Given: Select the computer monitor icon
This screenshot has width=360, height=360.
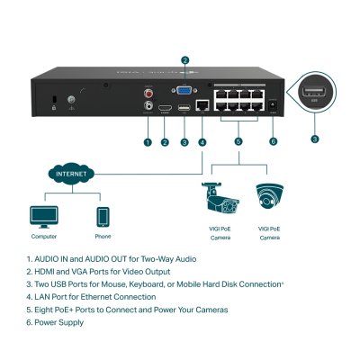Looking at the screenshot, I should pyautogui.click(x=43, y=216).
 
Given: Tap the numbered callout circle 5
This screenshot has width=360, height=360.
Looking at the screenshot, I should pyautogui.click(x=238, y=141).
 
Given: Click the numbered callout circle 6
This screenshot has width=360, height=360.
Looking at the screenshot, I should pyautogui.click(x=273, y=141).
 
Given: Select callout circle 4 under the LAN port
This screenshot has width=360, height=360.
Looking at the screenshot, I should pyautogui.click(x=202, y=141).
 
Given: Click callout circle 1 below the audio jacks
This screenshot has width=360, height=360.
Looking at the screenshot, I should pyautogui.click(x=148, y=141).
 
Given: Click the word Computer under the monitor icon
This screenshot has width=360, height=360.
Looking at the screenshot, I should pyautogui.click(x=43, y=237).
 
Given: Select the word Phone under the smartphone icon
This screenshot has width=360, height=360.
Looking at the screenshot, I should pyautogui.click(x=103, y=237).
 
